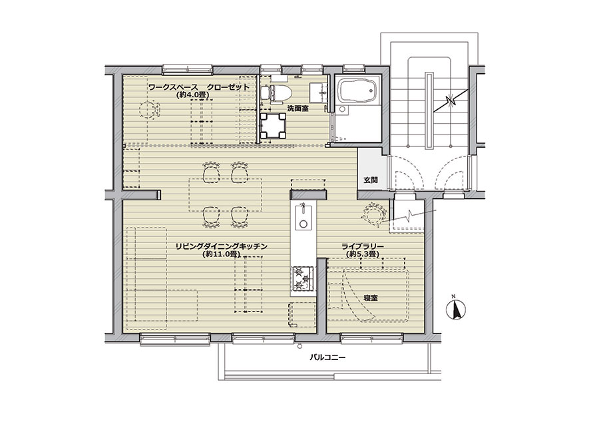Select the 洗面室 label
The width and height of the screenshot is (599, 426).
click(x=298, y=109)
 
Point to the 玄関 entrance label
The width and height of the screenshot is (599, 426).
click(x=371, y=179)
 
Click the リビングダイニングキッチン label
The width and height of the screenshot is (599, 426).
click(x=221, y=246)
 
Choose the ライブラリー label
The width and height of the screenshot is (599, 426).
click(x=363, y=246)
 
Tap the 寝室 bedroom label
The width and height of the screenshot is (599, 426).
click(x=371, y=298)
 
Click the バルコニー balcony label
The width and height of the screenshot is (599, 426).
click(x=327, y=358)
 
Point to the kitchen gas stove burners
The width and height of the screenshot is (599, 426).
click(x=303, y=278)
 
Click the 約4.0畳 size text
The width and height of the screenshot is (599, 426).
click(x=195, y=95)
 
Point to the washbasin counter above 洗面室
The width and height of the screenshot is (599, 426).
click(x=318, y=93)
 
